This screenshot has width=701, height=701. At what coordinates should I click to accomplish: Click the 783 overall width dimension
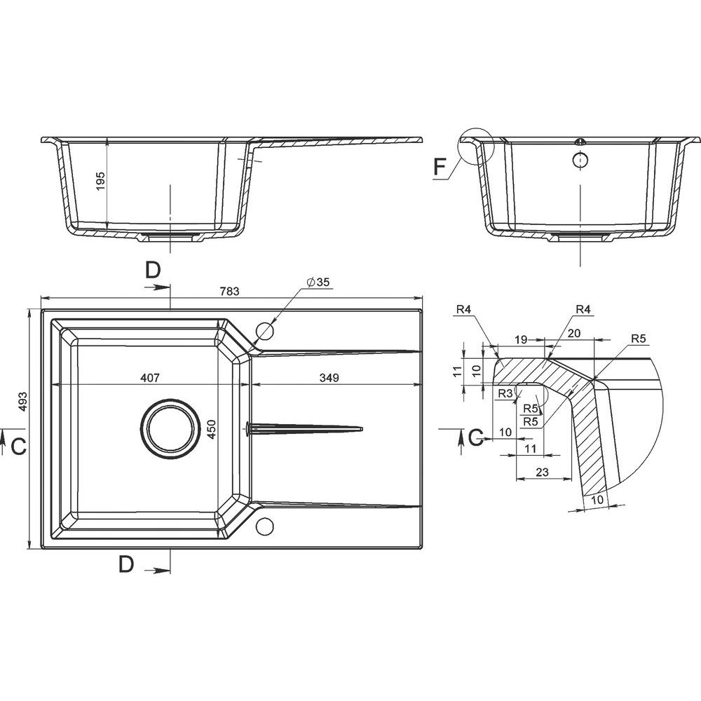(x=230, y=292)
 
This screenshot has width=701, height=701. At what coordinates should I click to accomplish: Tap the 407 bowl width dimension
(x=150, y=378)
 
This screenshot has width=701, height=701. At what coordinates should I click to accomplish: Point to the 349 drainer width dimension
(x=329, y=378)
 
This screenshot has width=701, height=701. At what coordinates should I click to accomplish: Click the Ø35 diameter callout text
(x=318, y=282)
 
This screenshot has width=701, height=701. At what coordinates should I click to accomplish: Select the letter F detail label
(x=440, y=167)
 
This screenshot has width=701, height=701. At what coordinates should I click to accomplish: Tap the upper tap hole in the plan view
(x=264, y=331)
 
